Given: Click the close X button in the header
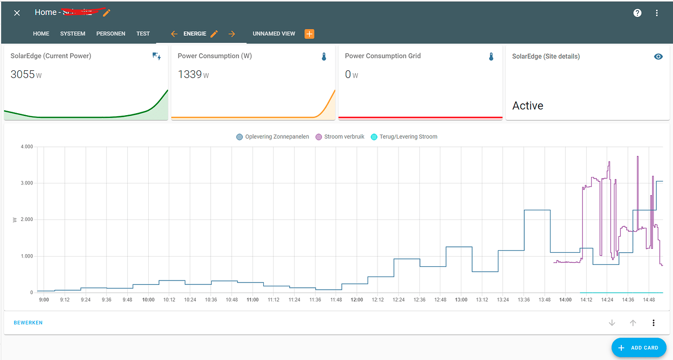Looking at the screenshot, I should click(x=17, y=13).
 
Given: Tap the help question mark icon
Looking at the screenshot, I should click(x=637, y=13).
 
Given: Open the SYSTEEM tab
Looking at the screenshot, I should click(x=73, y=34).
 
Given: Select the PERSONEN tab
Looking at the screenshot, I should click(x=111, y=34).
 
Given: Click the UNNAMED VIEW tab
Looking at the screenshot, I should click(x=274, y=34).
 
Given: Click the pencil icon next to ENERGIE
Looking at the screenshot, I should click(x=214, y=34).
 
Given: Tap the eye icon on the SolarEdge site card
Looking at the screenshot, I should click(x=658, y=57).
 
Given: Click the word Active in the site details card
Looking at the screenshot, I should click(x=528, y=106).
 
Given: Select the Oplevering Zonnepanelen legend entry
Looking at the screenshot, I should click(x=273, y=137).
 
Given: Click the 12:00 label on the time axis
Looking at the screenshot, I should click(x=357, y=300).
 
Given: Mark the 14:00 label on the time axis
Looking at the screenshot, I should click(x=566, y=300).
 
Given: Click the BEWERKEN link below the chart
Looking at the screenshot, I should click(x=28, y=323).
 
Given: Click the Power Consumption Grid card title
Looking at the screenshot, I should click(x=383, y=56).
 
